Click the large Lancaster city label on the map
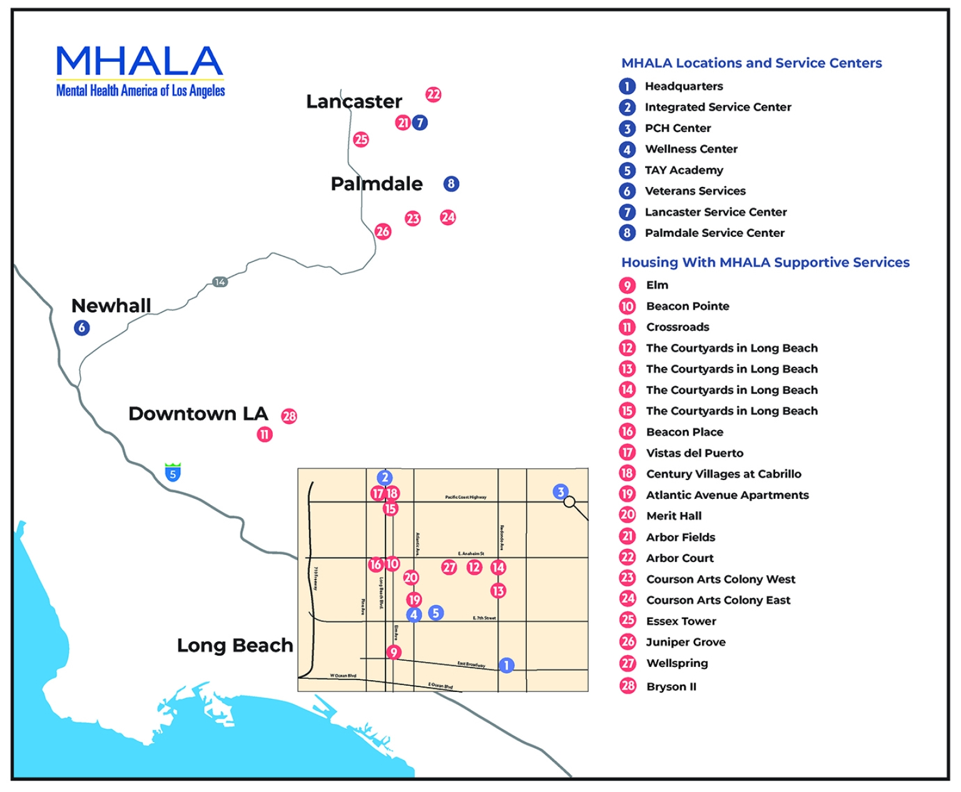(353, 101)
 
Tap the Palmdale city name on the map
(377, 184)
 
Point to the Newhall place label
(111, 306)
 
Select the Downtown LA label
(198, 414)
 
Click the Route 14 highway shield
(220, 282)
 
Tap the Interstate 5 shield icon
(173, 473)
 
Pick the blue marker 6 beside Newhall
(81, 328)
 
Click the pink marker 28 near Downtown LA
(289, 416)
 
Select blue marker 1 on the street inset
(507, 665)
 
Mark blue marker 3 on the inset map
(561, 492)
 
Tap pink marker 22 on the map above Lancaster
(434, 94)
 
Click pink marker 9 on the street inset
(394, 653)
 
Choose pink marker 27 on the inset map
(449, 568)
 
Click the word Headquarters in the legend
(684, 86)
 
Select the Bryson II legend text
(671, 687)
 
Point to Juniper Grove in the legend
(686, 642)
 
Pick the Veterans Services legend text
(695, 191)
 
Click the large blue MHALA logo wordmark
(140, 61)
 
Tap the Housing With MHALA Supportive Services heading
(765, 263)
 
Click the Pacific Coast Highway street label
(465, 498)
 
